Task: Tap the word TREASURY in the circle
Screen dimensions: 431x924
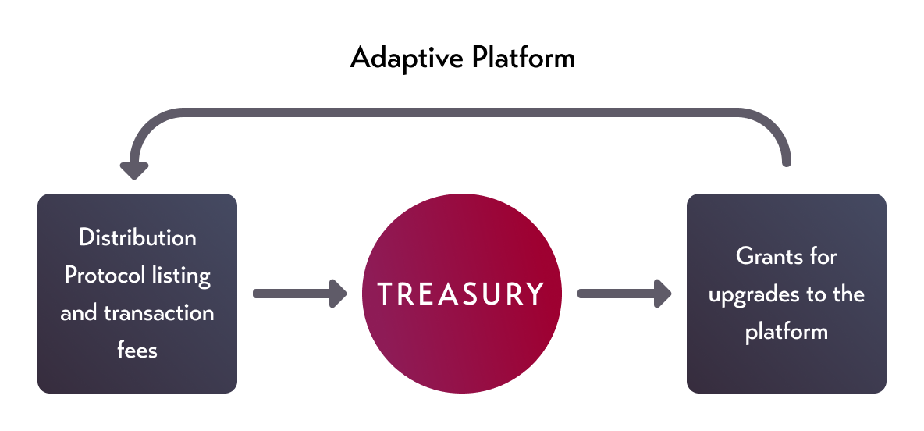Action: click(x=461, y=294)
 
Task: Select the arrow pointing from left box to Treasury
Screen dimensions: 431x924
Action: click(x=300, y=294)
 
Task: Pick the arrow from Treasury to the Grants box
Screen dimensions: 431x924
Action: click(x=624, y=294)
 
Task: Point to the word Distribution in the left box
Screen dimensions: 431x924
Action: click(x=137, y=237)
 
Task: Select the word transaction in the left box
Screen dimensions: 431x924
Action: click(x=159, y=312)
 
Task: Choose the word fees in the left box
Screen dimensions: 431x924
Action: click(x=137, y=350)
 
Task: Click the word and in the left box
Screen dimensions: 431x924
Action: click(x=78, y=312)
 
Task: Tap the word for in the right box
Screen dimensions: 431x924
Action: click(x=824, y=256)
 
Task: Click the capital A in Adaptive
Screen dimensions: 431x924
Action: click(x=360, y=58)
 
